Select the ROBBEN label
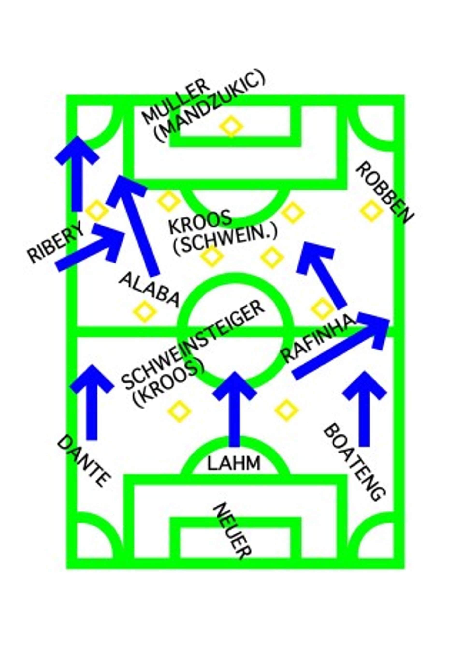(x=384, y=193)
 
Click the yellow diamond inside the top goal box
(x=231, y=126)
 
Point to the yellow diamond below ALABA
(x=145, y=311)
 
